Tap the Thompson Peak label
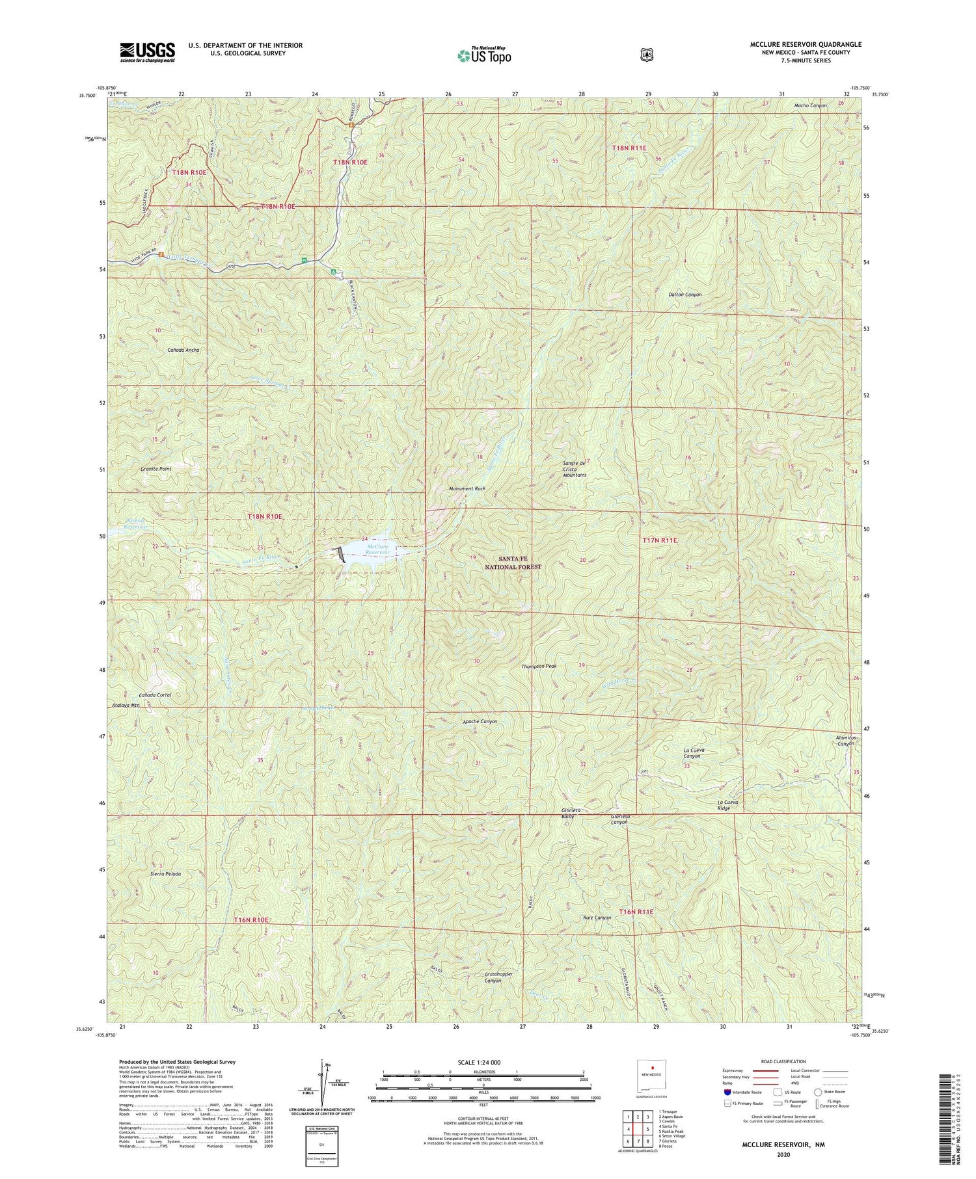click(x=539, y=667)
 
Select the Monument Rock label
click(x=467, y=488)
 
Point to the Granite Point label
click(x=156, y=468)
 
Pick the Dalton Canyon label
click(x=685, y=295)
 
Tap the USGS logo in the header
click(x=147, y=52)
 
